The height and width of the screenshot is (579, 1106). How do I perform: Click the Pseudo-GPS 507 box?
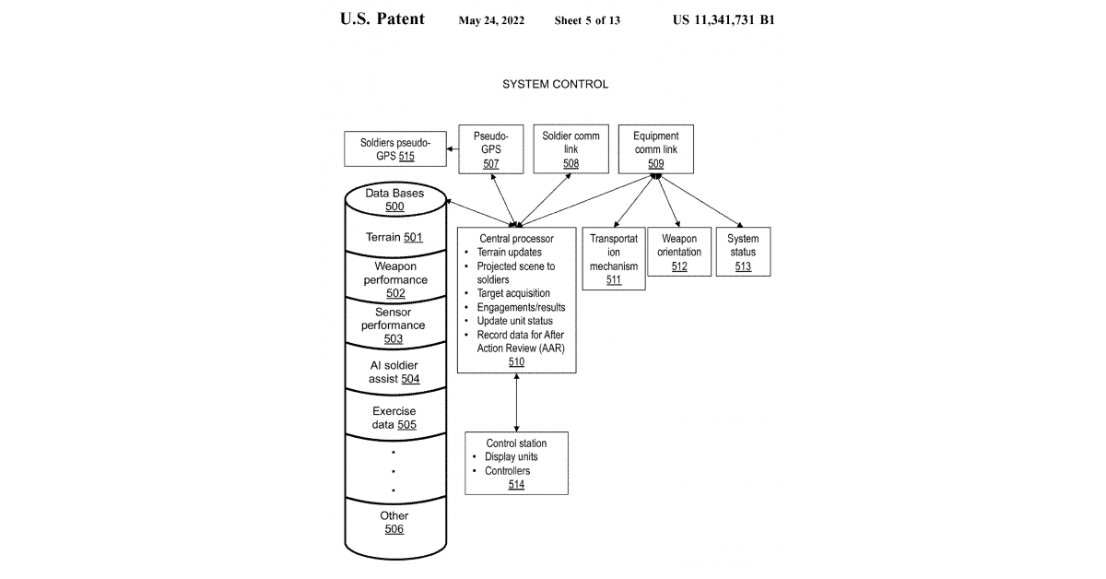(x=490, y=149)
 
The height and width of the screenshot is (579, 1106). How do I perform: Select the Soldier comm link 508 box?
(x=571, y=149)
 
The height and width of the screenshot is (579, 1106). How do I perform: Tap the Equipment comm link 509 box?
(x=655, y=149)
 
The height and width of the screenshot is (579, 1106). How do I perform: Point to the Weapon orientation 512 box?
(x=679, y=252)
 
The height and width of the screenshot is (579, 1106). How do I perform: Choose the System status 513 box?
(x=743, y=252)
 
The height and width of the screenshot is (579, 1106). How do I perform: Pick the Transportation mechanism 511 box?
(x=614, y=258)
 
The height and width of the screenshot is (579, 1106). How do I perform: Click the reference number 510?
(x=516, y=362)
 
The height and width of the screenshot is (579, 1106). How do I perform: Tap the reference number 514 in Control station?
(x=516, y=484)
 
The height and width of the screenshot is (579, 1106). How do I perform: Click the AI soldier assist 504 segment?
(x=394, y=372)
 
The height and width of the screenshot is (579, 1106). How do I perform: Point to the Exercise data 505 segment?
(x=394, y=418)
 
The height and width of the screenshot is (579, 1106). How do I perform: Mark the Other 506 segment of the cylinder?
(x=394, y=523)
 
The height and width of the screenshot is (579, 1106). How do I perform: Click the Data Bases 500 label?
(x=394, y=200)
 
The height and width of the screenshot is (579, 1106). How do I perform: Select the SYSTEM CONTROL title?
(x=555, y=84)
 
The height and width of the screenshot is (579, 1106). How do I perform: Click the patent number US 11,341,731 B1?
(x=724, y=19)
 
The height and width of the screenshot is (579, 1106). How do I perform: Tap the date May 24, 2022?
(x=491, y=20)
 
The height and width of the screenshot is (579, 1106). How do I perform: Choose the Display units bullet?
(x=512, y=457)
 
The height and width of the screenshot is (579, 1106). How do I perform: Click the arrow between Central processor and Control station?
(x=516, y=402)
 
